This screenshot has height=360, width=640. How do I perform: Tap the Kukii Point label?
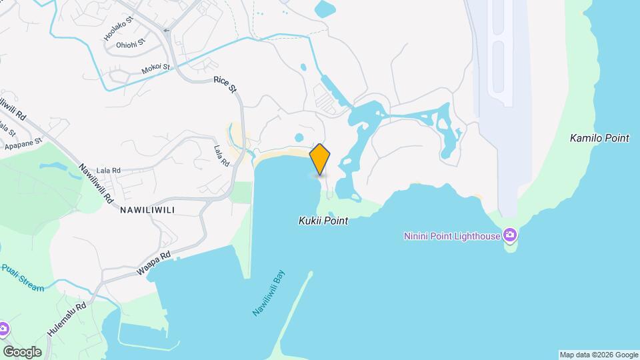(323, 221)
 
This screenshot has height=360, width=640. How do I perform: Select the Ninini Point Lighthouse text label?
(452, 235)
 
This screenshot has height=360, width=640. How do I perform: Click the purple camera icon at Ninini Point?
(510, 235)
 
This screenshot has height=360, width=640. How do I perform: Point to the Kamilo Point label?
(599, 139)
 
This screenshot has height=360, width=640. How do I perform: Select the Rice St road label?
(225, 85)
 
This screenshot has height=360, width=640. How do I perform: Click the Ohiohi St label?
(129, 46)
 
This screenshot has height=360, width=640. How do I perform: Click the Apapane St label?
(23, 142)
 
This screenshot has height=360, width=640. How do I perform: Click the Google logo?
(22, 351)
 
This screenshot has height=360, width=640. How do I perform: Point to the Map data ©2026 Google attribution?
(599, 355)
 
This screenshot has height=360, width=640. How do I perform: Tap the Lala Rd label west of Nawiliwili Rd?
(107, 171)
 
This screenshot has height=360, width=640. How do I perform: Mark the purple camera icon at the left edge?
(3, 329)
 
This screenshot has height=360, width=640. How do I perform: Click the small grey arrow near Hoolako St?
(167, 29)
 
